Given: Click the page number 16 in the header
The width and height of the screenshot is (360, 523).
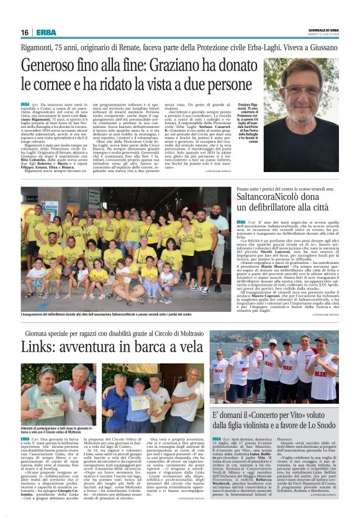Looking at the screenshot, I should tap(25, 32).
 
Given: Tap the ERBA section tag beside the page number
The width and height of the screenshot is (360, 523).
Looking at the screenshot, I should tap(47, 32).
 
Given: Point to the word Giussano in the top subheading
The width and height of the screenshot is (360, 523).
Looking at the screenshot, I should tap(321, 46).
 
